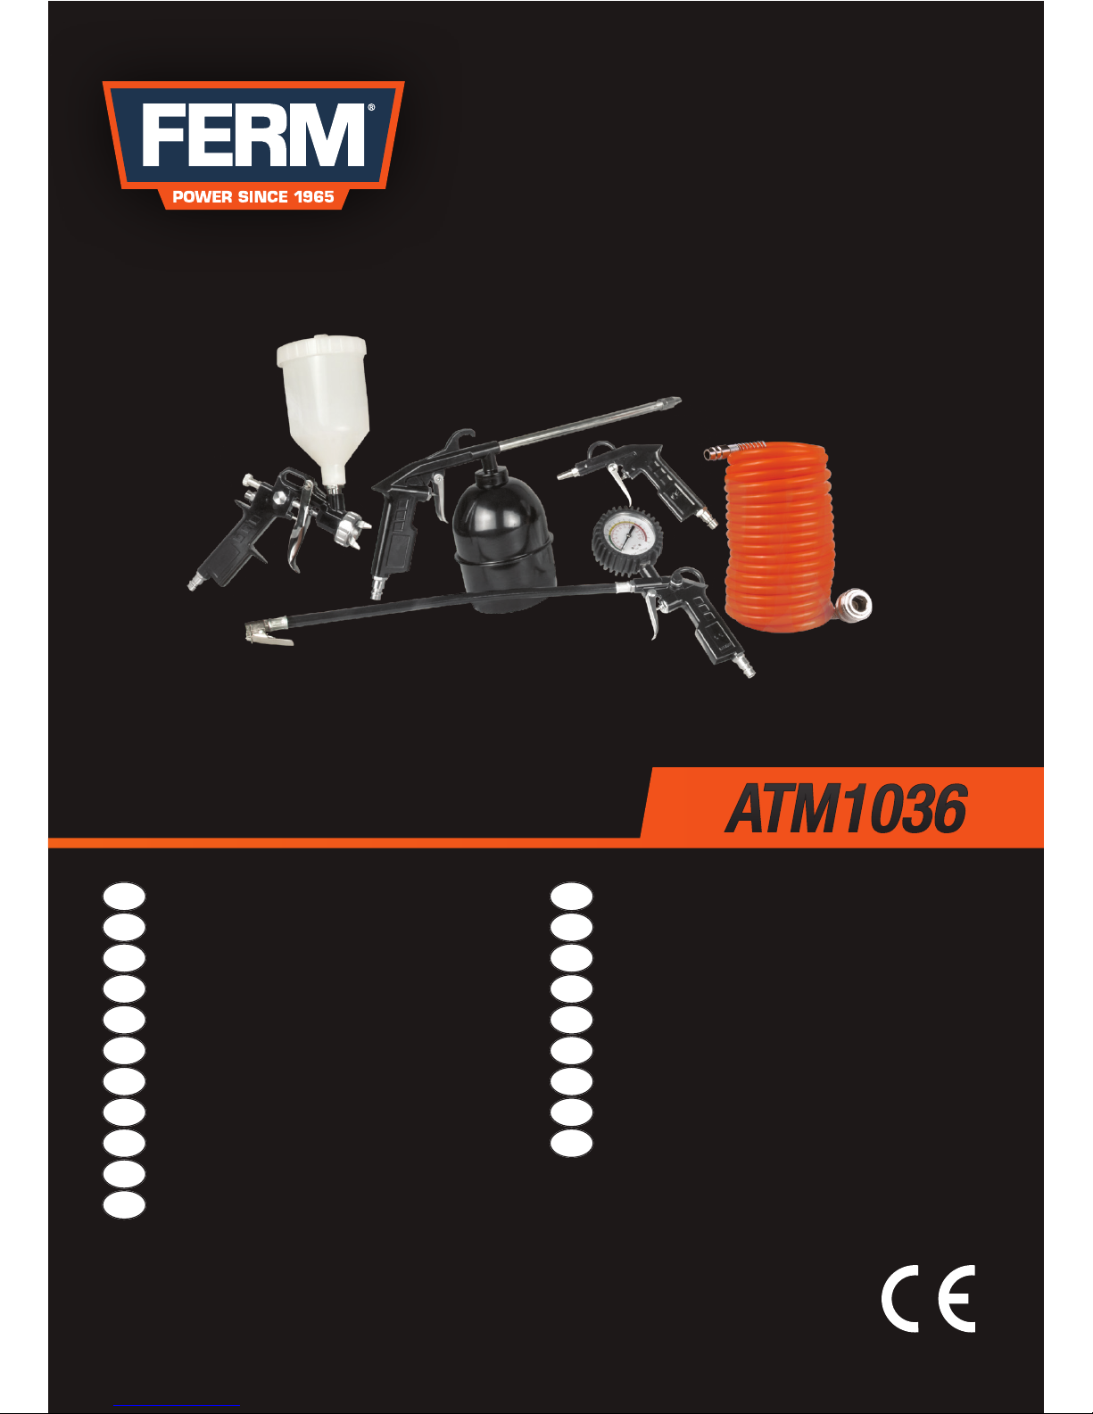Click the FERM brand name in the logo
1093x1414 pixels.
click(253, 136)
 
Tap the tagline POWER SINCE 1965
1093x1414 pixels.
click(253, 196)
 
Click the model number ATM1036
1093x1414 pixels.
click(846, 810)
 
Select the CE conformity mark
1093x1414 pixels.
click(929, 1299)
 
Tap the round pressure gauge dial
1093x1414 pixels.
click(627, 539)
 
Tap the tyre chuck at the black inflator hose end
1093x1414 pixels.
click(267, 633)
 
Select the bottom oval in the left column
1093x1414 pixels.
click(124, 1204)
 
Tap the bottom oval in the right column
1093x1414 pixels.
click(571, 1143)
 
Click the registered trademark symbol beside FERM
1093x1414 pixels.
click(371, 108)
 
